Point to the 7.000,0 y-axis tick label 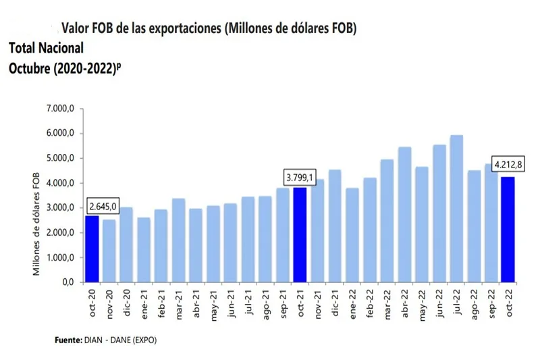click(x=59, y=109)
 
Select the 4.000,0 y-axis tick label click(x=59, y=183)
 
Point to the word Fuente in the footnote click(x=68, y=340)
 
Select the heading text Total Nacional click(x=47, y=48)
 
